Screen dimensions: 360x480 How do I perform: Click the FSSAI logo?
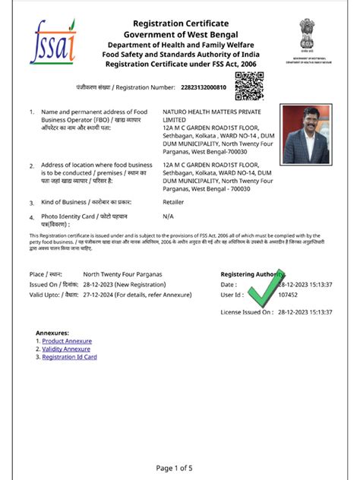52,44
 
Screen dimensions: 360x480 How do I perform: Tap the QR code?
248,87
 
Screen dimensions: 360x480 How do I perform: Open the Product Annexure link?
67,341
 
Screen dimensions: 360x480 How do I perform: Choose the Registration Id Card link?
69,356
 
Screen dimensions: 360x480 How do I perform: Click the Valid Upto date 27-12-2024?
99,293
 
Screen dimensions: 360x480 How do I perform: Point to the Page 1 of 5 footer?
180,467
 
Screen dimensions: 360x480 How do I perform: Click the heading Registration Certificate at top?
181,24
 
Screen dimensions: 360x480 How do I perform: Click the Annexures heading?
52,333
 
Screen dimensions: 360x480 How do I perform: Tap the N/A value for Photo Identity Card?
169,216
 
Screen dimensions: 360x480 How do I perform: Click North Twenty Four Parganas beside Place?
123,273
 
